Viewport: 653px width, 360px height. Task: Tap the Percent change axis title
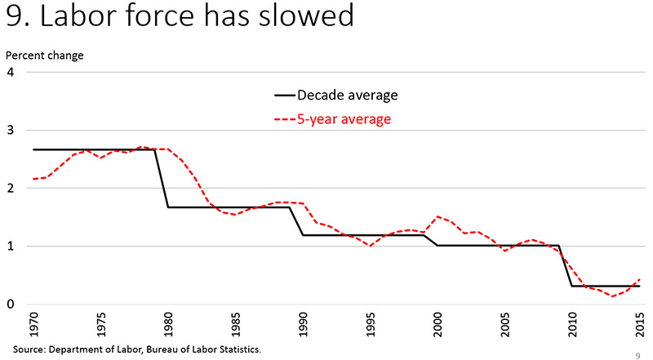point(45,56)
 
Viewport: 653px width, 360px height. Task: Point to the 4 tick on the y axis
point(11,72)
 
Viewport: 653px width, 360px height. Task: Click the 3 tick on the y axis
point(11,131)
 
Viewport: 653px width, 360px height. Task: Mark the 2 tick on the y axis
point(11,189)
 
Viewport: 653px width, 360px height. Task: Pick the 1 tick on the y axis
point(11,247)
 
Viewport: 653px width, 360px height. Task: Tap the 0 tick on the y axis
point(11,304)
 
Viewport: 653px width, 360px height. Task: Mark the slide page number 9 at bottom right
point(637,355)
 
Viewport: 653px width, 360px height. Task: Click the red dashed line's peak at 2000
point(438,216)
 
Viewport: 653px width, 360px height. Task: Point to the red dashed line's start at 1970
point(33,179)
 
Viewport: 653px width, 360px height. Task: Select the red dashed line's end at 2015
point(640,278)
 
